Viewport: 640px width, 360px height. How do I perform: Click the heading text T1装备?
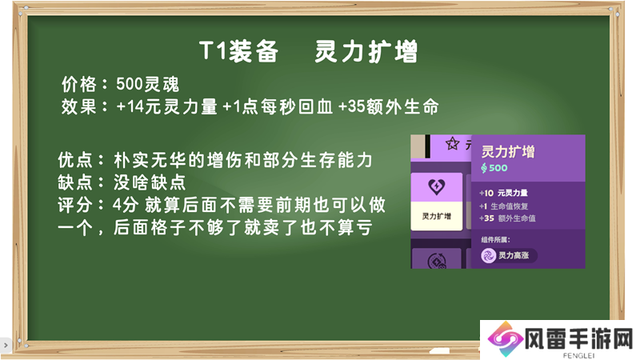238,51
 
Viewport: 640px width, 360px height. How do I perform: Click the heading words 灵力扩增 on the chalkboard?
366,51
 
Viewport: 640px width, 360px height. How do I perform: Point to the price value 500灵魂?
147,84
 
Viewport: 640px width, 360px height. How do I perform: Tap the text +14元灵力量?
166,106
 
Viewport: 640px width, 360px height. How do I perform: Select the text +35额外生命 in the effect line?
389,106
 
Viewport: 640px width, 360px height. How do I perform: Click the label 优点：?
82,159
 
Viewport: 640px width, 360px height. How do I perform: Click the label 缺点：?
82,182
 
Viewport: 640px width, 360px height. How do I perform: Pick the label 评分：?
82,205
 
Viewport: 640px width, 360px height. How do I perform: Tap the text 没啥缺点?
150,182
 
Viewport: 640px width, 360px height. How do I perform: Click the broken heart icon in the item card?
437,186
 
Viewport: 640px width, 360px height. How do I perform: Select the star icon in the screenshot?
452,143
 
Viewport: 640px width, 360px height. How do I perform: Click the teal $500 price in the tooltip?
494,168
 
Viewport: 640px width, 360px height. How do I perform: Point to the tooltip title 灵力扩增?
508,151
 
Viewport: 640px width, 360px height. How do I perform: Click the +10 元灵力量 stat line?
503,193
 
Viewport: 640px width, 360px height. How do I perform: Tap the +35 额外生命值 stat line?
507,218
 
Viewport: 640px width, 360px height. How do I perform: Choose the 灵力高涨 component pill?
509,255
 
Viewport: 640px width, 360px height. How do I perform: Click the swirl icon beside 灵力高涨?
488,256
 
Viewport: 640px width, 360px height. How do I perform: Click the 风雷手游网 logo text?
578,339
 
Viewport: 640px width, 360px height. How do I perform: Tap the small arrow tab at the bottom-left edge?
5,346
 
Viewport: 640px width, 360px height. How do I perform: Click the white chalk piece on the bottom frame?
438,350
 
